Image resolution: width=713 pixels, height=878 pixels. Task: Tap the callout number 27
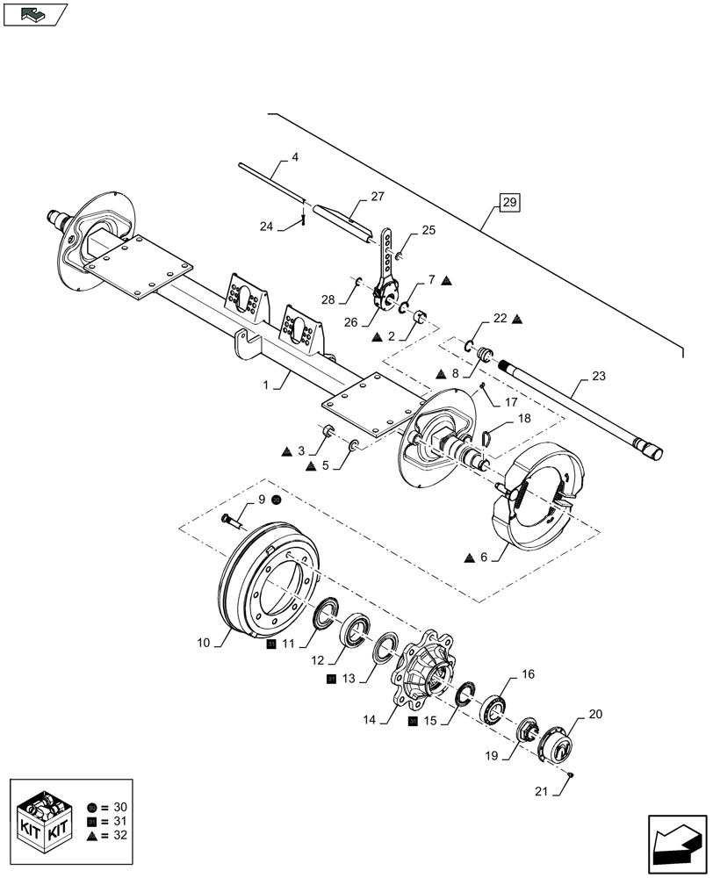(x=378, y=197)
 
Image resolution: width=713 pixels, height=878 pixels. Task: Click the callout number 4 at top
(x=294, y=157)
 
